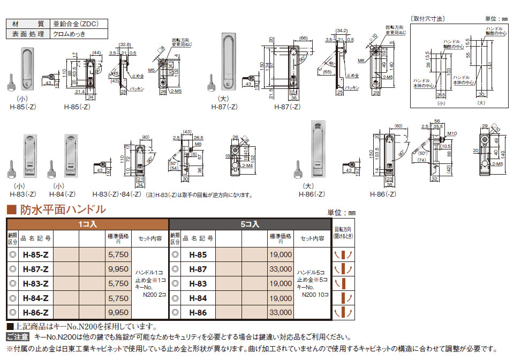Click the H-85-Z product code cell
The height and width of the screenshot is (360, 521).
(x=36, y=255)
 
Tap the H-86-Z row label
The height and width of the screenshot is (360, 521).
(x=36, y=312)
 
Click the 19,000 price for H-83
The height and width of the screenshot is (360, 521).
(x=281, y=284)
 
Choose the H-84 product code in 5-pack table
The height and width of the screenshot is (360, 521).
(x=198, y=298)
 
